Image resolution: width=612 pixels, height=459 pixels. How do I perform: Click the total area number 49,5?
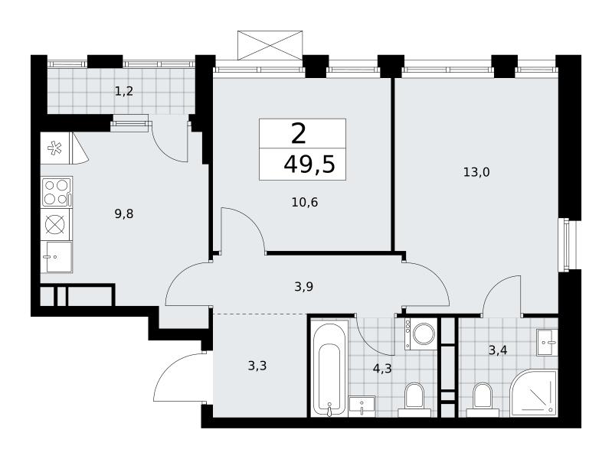coord(309,164)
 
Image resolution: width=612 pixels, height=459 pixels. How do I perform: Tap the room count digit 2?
coord(299,133)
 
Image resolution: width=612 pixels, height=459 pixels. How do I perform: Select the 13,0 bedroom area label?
coord(476,172)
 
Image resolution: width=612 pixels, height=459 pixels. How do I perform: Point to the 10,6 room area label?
coord(305,203)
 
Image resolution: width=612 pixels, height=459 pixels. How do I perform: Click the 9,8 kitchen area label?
coord(124,213)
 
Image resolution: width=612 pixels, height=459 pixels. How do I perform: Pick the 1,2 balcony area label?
coord(124,91)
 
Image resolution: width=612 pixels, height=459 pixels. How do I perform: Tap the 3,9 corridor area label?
coord(303,287)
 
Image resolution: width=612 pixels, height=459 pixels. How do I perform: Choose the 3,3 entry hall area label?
coord(257,366)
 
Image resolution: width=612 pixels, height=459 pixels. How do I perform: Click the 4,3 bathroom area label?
coord(382,369)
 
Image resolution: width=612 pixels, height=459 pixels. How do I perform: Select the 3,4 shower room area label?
coord(498,350)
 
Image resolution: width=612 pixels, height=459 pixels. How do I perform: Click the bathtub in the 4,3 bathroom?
coord(330,368)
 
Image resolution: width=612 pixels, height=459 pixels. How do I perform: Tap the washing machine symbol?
coord(421,334)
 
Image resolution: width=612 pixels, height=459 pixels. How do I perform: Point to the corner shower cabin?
coord(534,393)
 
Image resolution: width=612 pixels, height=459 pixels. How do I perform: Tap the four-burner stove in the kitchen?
coord(57,192)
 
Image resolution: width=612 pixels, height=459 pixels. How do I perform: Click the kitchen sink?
coord(57,256)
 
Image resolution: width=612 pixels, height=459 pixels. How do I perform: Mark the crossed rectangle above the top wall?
coord(270,46)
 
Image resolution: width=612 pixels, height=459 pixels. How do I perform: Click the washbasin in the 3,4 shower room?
coord(547,343)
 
